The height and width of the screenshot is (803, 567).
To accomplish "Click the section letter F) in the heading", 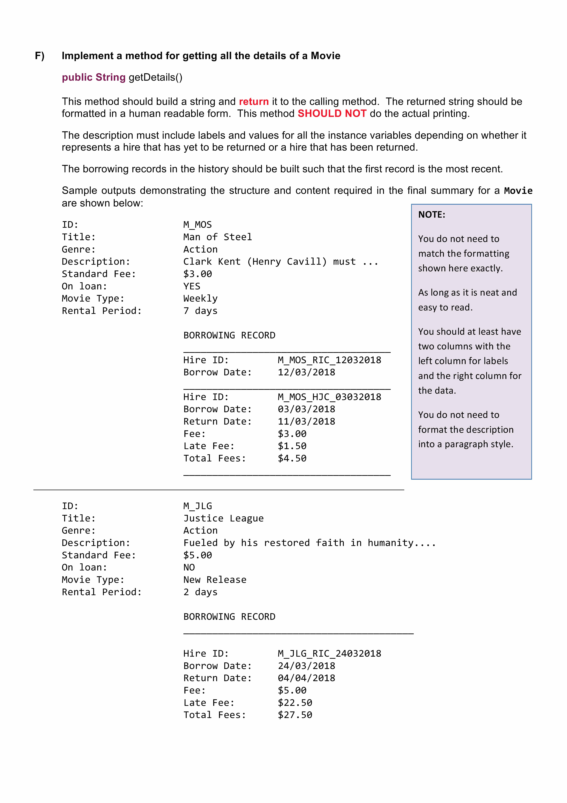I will click(x=40, y=56).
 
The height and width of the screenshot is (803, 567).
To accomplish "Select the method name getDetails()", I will click(x=155, y=77).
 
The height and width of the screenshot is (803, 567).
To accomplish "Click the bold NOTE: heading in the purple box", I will click(x=432, y=215).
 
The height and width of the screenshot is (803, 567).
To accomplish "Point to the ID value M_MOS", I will click(x=197, y=224).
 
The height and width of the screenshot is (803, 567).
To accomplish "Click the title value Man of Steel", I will click(x=217, y=237).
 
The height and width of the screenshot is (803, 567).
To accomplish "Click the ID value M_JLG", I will click(x=197, y=506).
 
